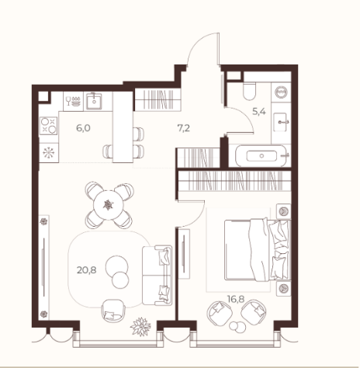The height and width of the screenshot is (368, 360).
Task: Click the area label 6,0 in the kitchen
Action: pyautogui.click(x=83, y=128)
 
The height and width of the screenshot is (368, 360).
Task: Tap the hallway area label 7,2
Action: pyautogui.click(x=184, y=128)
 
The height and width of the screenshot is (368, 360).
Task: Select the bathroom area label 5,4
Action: pyautogui.click(x=259, y=112)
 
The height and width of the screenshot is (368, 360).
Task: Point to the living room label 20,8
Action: pyautogui.click(x=87, y=270)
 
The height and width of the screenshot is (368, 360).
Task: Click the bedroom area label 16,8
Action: pyautogui.click(x=236, y=299)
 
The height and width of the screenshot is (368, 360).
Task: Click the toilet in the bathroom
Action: pyautogui.click(x=250, y=91)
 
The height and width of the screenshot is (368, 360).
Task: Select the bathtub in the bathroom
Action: pyautogui.click(x=261, y=156)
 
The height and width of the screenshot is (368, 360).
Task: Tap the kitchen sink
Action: pyautogui.click(x=94, y=101)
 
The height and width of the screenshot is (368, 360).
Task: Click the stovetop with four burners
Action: pyautogui.click(x=48, y=126)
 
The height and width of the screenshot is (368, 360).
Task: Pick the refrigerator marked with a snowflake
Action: pyautogui.click(x=49, y=153)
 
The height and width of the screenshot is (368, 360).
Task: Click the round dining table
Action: pyautogui.click(x=109, y=205)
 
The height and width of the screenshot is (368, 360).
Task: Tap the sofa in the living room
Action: pyautogui.click(x=157, y=275)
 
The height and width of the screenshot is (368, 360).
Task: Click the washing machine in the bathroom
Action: pyautogui.click(x=281, y=92)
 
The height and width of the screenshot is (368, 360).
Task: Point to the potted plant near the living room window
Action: pyautogui.click(x=140, y=327)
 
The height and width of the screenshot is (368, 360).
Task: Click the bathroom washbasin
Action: pyautogui.click(x=280, y=122)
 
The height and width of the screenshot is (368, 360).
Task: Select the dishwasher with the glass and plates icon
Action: pyautogui.click(x=74, y=101)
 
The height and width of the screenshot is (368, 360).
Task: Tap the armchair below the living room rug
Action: pyautogui.click(x=113, y=311)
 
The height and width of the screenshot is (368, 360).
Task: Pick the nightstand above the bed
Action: pyautogui.click(x=283, y=211)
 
